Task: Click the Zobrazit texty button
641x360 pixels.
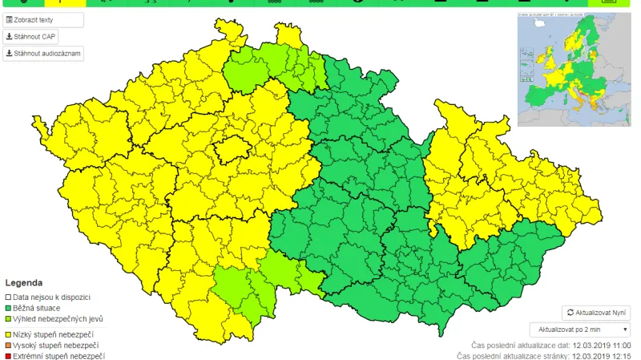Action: click(43, 19)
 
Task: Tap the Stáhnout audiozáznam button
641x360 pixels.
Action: click(43, 54)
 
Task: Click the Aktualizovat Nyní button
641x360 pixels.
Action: click(597, 312)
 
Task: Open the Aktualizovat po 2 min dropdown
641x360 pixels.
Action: click(580, 330)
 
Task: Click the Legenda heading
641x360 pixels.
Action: click(24, 283)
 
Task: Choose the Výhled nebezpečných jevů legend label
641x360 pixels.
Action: click(57, 318)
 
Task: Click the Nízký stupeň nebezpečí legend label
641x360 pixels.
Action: click(54, 334)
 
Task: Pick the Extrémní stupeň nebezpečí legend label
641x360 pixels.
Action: click(58, 356)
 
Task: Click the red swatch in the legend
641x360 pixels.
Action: click(8, 356)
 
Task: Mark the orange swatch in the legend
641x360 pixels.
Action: click(8, 345)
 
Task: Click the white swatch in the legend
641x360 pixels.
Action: click(8, 297)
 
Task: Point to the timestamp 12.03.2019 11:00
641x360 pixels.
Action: click(600, 344)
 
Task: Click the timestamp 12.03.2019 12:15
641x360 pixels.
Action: click(600, 355)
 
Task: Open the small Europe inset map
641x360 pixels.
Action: click(574, 69)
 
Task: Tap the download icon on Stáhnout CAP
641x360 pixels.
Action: click(9, 37)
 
